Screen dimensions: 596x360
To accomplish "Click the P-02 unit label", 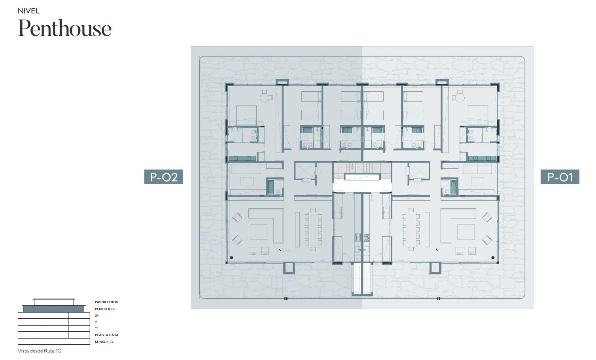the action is (x=164, y=177).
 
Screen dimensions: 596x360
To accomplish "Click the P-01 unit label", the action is (x=560, y=177).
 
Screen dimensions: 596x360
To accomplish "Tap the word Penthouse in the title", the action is (x=64, y=28).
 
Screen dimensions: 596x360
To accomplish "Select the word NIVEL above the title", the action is (x=29, y=11).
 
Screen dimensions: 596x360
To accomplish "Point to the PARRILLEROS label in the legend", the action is (x=106, y=302).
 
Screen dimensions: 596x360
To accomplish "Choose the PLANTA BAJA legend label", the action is (x=107, y=335).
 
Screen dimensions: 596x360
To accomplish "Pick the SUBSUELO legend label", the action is (x=104, y=342).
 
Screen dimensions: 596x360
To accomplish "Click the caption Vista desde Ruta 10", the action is (x=40, y=351).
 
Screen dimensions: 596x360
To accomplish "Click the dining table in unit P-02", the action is (x=313, y=230).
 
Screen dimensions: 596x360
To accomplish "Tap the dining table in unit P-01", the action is (x=411, y=230).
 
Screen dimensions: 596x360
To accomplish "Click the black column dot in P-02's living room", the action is (x=231, y=258).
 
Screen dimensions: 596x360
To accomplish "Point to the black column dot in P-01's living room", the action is (x=493, y=258).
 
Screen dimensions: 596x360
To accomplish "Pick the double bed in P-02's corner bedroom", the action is (x=246, y=115).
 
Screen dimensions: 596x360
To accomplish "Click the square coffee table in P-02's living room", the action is (x=258, y=232).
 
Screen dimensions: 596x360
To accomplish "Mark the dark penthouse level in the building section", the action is (x=54, y=309).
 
